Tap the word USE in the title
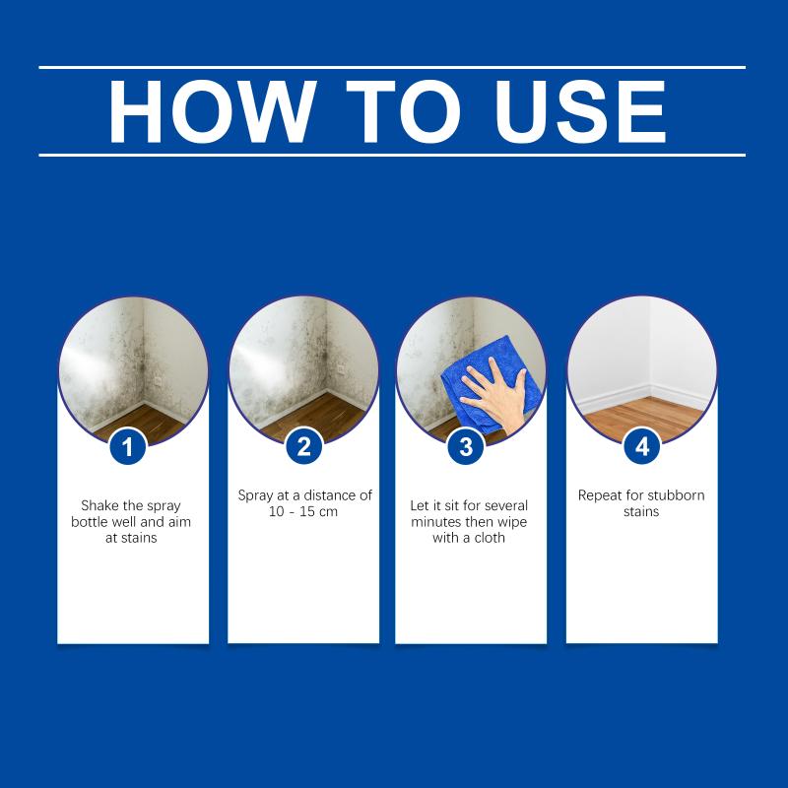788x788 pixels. pyautogui.click(x=581, y=111)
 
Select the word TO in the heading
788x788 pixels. pyautogui.click(x=404, y=111)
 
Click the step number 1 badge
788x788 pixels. pyautogui.click(x=128, y=446)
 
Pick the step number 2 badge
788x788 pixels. pyautogui.click(x=303, y=446)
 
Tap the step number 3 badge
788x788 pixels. pyautogui.click(x=466, y=446)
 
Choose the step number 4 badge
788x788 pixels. pyautogui.click(x=642, y=446)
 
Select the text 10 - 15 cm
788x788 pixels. pyautogui.click(x=303, y=511)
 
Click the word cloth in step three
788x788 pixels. pyautogui.click(x=490, y=538)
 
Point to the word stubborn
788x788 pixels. pyautogui.click(x=678, y=495)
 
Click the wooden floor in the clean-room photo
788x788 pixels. pyautogui.click(x=643, y=417)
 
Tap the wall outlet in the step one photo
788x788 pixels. pyautogui.click(x=158, y=381)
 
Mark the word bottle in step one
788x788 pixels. pyautogui.click(x=89, y=522)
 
